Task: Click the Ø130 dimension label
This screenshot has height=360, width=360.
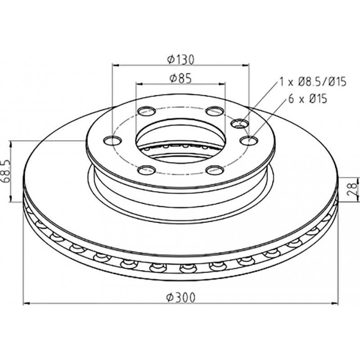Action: (181, 59)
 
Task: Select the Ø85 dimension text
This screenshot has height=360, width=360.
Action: (180, 78)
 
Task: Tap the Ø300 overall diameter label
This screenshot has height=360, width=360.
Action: (181, 297)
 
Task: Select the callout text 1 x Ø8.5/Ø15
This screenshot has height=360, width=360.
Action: (312, 82)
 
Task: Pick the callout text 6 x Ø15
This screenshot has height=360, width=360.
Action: (307, 99)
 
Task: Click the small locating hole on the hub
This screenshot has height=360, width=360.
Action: (240, 124)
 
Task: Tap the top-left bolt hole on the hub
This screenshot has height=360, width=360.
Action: (147, 111)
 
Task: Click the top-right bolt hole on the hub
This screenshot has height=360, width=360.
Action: (215, 111)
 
